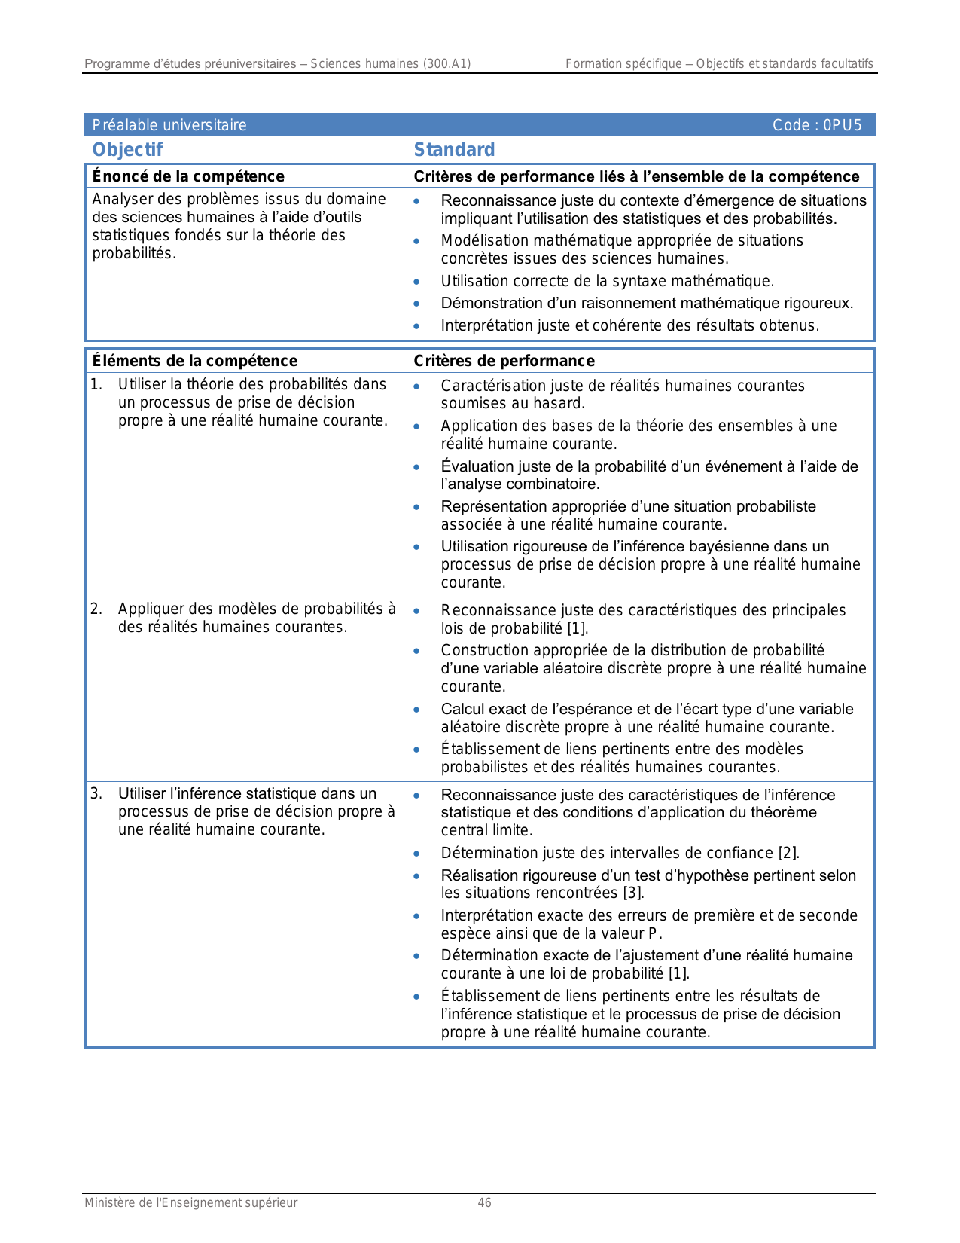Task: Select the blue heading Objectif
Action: pyautogui.click(x=127, y=150)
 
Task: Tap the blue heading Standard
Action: pyautogui.click(x=454, y=150)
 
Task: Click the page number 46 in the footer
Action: pyautogui.click(x=485, y=1203)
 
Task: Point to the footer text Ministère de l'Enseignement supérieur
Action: pyautogui.click(x=190, y=1203)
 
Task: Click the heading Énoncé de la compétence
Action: pyautogui.click(x=188, y=176)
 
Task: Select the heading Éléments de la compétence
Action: pyautogui.click(x=195, y=361)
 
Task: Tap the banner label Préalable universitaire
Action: pyautogui.click(x=169, y=125)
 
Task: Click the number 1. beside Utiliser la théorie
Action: pyautogui.click(x=96, y=385)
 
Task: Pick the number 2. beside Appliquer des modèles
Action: pyautogui.click(x=96, y=609)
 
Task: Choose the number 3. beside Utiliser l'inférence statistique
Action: pyautogui.click(x=96, y=793)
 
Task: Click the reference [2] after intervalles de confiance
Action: pyautogui.click(x=788, y=853)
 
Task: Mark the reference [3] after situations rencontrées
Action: pyautogui.click(x=632, y=893)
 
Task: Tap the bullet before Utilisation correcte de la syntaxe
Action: pyautogui.click(x=416, y=282)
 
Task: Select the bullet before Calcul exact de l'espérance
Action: pyautogui.click(x=416, y=710)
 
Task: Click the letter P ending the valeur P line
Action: pyautogui.click(x=652, y=934)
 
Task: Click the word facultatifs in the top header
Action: pyautogui.click(x=846, y=64)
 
